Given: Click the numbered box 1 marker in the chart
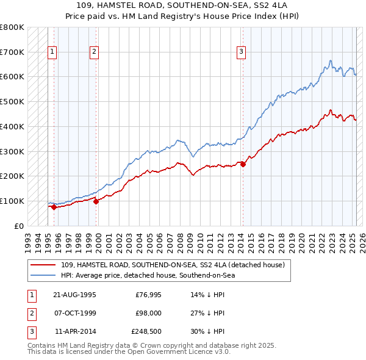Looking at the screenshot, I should [x=52, y=52].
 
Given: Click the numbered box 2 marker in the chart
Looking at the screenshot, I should [x=95, y=52].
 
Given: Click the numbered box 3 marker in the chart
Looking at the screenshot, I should [x=242, y=52].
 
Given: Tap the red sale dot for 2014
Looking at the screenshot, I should [x=243, y=164].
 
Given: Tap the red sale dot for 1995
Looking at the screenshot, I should [x=54, y=207].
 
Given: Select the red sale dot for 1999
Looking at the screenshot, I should [x=96, y=201].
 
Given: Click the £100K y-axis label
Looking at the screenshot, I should [x=12, y=201].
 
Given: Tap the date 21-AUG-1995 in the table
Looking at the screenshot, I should [x=74, y=295].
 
